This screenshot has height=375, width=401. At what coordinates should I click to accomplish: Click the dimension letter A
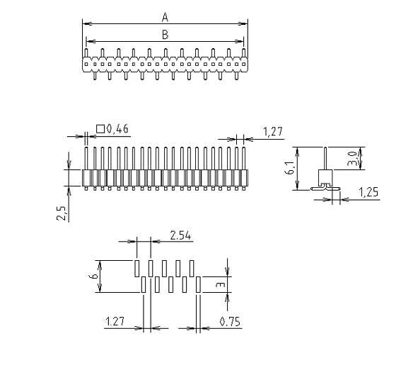click(165, 16)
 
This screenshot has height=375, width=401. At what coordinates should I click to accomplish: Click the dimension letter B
click(165, 34)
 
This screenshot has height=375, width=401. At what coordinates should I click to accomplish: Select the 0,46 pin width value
click(117, 128)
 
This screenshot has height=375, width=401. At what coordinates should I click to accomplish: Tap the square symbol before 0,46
click(100, 128)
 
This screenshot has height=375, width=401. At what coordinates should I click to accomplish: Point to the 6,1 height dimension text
click(289, 168)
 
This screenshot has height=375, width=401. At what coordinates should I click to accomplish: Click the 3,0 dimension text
click(352, 158)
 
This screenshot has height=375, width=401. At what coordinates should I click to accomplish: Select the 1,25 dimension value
click(368, 191)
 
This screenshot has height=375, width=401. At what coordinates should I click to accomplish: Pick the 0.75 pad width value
click(231, 322)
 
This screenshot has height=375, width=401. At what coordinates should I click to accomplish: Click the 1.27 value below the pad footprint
click(115, 322)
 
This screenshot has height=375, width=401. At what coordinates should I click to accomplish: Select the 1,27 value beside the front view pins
click(273, 131)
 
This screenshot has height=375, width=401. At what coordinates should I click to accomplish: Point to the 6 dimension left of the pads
click(93, 276)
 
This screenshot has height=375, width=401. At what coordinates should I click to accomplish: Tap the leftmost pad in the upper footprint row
click(137, 268)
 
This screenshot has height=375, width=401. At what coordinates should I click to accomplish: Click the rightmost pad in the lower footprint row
click(199, 284)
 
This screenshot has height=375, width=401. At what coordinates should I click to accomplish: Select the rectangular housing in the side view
click(325, 178)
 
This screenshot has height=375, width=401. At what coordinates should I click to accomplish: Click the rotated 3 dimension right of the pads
click(221, 284)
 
